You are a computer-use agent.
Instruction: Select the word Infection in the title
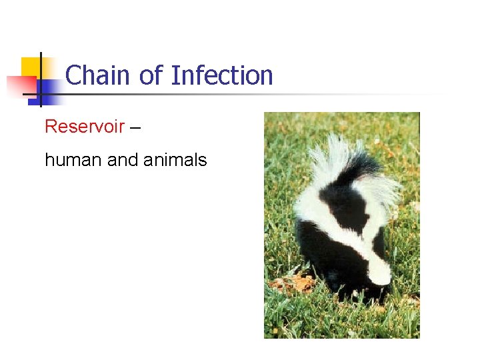point(222,75)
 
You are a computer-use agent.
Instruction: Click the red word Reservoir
point(84,127)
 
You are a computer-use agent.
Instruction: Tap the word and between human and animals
point(121,160)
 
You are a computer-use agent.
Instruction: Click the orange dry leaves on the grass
point(293,283)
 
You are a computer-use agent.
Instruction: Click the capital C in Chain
point(74,75)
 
